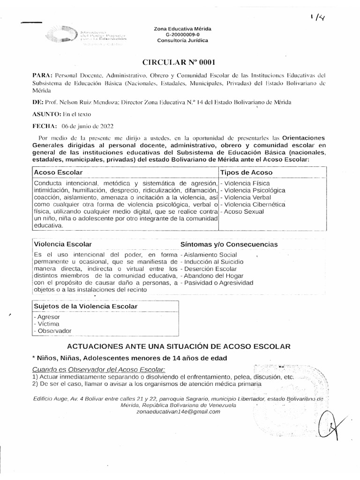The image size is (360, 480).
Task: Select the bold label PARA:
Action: tap(43, 75)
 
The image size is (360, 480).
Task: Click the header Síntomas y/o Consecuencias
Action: tap(229, 245)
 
